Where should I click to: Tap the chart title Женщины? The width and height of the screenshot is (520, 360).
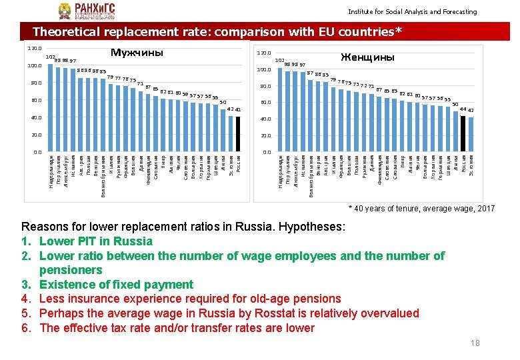click(367, 57)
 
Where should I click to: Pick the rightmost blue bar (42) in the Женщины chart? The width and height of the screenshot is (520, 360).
click(471, 134)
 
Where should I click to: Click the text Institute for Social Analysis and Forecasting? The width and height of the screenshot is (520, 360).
click(412, 12)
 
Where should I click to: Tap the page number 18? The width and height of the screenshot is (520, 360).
click(475, 343)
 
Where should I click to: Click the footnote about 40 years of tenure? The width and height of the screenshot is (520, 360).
click(422, 209)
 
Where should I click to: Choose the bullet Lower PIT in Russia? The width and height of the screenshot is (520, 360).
click(96, 241)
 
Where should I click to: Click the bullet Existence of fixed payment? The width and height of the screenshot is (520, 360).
click(116, 285)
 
